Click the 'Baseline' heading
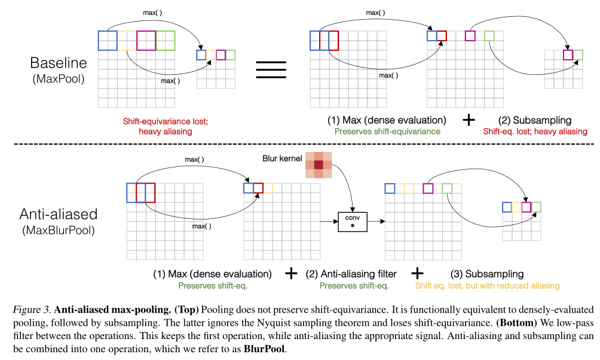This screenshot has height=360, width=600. tap(59, 63)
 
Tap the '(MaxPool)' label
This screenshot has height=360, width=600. tap(59, 78)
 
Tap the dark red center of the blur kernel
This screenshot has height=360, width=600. tap(319, 165)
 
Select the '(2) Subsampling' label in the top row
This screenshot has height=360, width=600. tap(535, 120)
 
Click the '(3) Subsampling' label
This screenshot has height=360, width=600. tap(487, 274)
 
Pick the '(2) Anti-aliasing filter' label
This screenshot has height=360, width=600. tap(351, 274)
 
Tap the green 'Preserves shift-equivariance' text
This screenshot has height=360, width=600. tap(387, 131)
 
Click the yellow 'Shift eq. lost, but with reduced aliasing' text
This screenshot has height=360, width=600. tap(487, 286)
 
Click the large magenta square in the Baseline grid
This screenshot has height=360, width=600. tap(146, 41)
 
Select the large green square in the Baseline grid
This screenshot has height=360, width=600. tap(166, 41)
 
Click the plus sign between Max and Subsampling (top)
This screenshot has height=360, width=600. tap(469, 120)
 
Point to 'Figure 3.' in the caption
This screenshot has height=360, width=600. tap(30, 310)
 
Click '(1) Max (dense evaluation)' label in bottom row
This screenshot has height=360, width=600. tap(212, 274)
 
